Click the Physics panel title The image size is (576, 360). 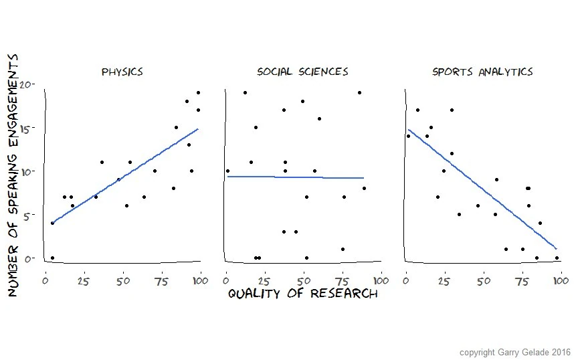point(122,72)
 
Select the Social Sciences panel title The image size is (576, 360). point(302,72)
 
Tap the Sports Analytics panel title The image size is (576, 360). point(482,72)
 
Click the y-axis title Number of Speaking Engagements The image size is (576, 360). point(13,175)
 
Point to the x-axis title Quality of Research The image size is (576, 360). point(302,294)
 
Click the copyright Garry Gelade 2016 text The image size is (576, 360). point(514,351)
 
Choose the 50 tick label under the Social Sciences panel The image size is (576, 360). point(303,279)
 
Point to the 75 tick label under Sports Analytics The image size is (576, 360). point(522,279)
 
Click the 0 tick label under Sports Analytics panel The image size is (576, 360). point(406,279)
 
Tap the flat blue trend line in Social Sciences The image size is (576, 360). point(294,177)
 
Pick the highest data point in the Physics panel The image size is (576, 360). point(198,92)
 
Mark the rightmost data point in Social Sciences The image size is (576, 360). point(364,188)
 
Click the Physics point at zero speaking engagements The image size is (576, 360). point(52,258)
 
